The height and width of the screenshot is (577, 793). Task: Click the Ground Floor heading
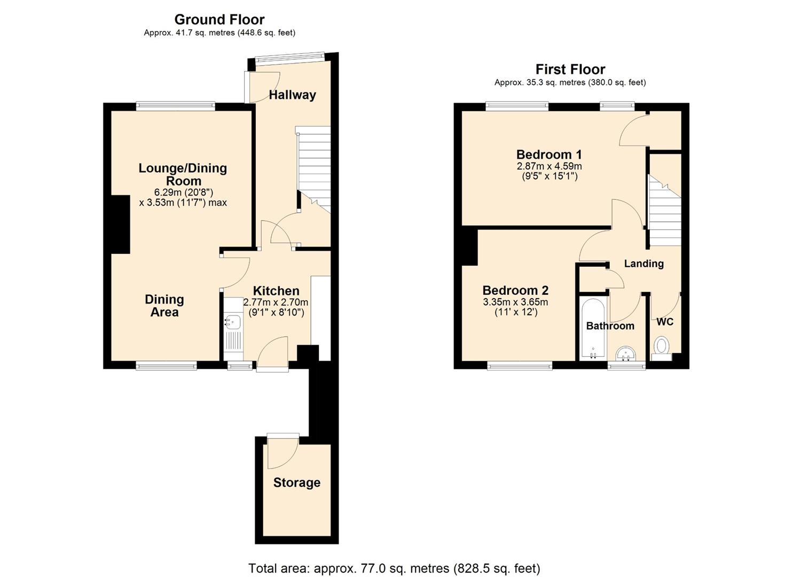point(219,20)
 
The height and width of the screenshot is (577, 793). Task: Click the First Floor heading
point(570,69)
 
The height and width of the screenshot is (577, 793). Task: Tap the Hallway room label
point(292,95)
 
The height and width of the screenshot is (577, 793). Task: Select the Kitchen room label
point(276,291)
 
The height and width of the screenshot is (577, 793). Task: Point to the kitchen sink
point(233,322)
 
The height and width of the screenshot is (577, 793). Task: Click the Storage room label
point(296,483)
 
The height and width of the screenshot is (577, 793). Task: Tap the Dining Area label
point(164,306)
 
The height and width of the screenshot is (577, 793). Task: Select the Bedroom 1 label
point(548,155)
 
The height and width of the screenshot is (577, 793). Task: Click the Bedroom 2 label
point(515,291)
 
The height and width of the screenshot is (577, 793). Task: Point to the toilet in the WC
point(662,346)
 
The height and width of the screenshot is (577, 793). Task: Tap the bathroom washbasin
point(625,354)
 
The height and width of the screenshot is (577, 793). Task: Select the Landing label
point(643,263)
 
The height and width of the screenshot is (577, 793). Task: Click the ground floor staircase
point(314,166)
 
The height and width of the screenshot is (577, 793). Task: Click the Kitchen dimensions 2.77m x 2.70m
point(276,302)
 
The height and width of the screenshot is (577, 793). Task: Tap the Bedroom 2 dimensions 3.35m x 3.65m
point(515,302)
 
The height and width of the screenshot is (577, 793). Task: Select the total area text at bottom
point(394,568)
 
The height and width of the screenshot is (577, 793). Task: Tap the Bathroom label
point(610,326)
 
